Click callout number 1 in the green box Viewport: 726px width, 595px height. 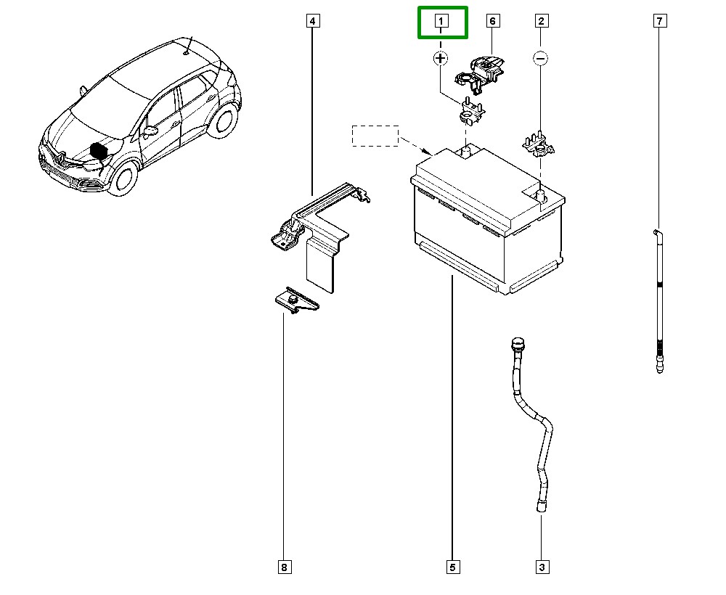(x=441, y=22)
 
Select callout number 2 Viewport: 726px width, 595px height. (x=541, y=21)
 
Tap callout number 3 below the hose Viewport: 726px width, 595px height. (x=541, y=567)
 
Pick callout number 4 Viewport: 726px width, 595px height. (x=312, y=21)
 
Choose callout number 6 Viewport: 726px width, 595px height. (x=492, y=21)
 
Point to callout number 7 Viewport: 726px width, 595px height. (x=659, y=21)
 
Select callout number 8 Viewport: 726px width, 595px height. (x=283, y=567)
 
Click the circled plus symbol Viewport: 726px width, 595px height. (x=441, y=57)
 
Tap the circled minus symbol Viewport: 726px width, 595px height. (x=540, y=57)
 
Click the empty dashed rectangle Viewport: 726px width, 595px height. (x=375, y=136)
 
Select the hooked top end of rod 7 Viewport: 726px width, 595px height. (x=656, y=232)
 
